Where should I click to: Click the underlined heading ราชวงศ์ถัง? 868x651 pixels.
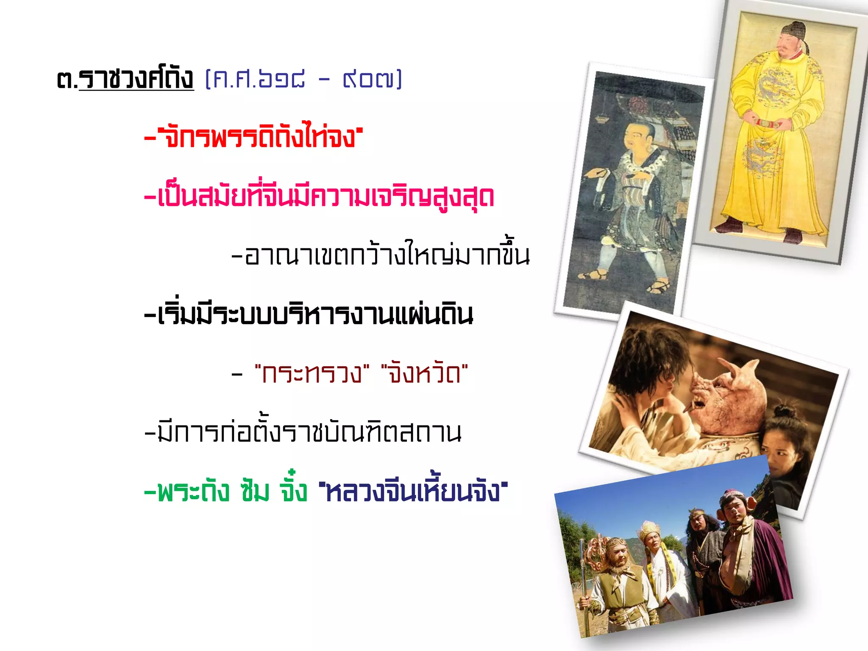[x=136, y=79]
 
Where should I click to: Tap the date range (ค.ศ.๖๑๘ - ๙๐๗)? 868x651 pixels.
[x=303, y=80]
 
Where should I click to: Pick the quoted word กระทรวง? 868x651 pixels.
[x=312, y=374]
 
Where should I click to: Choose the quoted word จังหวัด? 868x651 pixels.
[x=424, y=374]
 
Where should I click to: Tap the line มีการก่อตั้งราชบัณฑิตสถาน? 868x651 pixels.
[x=303, y=433]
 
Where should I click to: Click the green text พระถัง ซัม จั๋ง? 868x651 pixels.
[x=226, y=492]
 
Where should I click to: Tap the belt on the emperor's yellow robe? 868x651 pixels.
[x=769, y=123]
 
